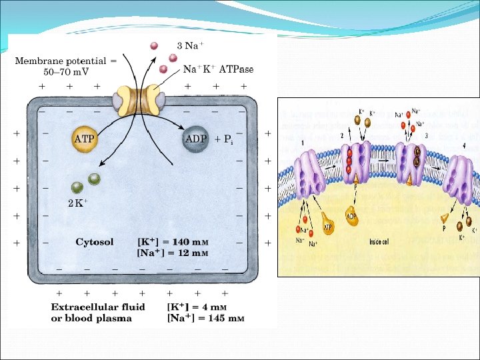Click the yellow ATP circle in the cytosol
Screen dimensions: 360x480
click(x=85, y=139)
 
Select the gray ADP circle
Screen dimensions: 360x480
click(x=195, y=139)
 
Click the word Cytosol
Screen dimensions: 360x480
click(x=94, y=242)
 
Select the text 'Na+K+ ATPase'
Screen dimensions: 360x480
click(x=218, y=68)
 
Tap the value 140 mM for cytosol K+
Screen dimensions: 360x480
click(x=191, y=242)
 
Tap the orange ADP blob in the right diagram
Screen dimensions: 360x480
click(x=351, y=215)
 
